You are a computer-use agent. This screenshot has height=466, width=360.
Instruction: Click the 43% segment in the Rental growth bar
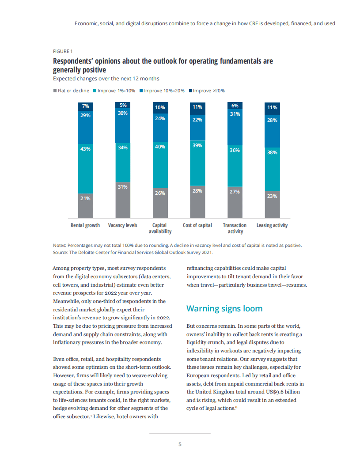pyautogui.click(x=85, y=168)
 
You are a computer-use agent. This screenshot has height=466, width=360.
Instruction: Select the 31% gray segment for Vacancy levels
pyautogui.click(x=123, y=200)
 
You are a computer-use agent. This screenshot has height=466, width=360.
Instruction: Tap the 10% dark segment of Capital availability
pyautogui.click(x=160, y=107)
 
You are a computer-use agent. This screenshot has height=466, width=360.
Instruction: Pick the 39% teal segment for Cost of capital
pyautogui.click(x=197, y=163)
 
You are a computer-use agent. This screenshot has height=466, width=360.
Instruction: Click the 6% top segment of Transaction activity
pyautogui.click(x=235, y=106)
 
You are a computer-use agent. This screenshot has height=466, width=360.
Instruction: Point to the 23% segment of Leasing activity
pyautogui.click(x=272, y=205)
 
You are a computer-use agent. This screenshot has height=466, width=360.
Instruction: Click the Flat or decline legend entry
pyautogui.click(x=71, y=91)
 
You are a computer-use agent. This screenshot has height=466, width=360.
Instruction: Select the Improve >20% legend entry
pyautogui.click(x=207, y=91)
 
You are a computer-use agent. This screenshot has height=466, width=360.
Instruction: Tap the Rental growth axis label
pyautogui.click(x=85, y=225)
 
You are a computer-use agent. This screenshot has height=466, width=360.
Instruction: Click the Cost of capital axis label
pyautogui.click(x=197, y=225)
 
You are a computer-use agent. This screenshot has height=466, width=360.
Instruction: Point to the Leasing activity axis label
pyautogui.click(x=272, y=225)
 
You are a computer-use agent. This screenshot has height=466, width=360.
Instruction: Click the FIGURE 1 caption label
pyautogui.click(x=63, y=51)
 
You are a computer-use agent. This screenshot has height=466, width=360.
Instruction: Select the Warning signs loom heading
pyautogui.click(x=224, y=308)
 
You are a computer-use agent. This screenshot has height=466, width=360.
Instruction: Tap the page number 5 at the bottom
pyautogui.click(x=180, y=444)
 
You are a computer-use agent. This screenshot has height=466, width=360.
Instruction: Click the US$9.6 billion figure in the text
pyautogui.click(x=287, y=391)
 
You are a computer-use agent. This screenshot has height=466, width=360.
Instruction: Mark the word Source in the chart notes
pyautogui.click(x=61, y=252)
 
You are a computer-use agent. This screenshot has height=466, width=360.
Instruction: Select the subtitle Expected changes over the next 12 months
pyautogui.click(x=106, y=79)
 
